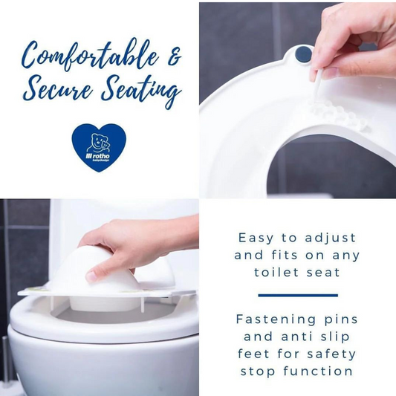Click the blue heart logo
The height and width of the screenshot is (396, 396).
click(99, 146)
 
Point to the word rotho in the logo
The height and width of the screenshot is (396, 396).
click(107, 155)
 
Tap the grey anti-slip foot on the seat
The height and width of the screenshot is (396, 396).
click(302, 54)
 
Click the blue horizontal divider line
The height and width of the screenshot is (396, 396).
click(297, 295)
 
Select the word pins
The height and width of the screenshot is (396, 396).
click(341, 319)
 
